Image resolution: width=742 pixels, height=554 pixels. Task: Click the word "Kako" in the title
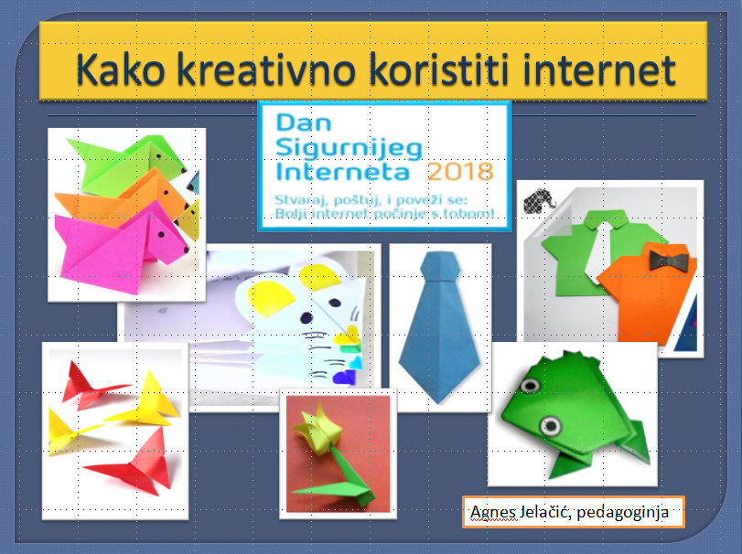121,69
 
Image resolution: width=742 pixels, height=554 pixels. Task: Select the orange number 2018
460,172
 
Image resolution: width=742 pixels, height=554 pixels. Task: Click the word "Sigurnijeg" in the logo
349,148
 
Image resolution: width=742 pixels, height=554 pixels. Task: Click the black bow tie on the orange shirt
668,261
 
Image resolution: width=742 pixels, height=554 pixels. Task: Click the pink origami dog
121,248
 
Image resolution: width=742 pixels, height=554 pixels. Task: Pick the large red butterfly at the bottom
134,464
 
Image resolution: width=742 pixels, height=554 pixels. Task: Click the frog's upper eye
530,384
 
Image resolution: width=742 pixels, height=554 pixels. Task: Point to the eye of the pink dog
161,234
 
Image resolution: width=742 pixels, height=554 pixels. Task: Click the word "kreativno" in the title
266,69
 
